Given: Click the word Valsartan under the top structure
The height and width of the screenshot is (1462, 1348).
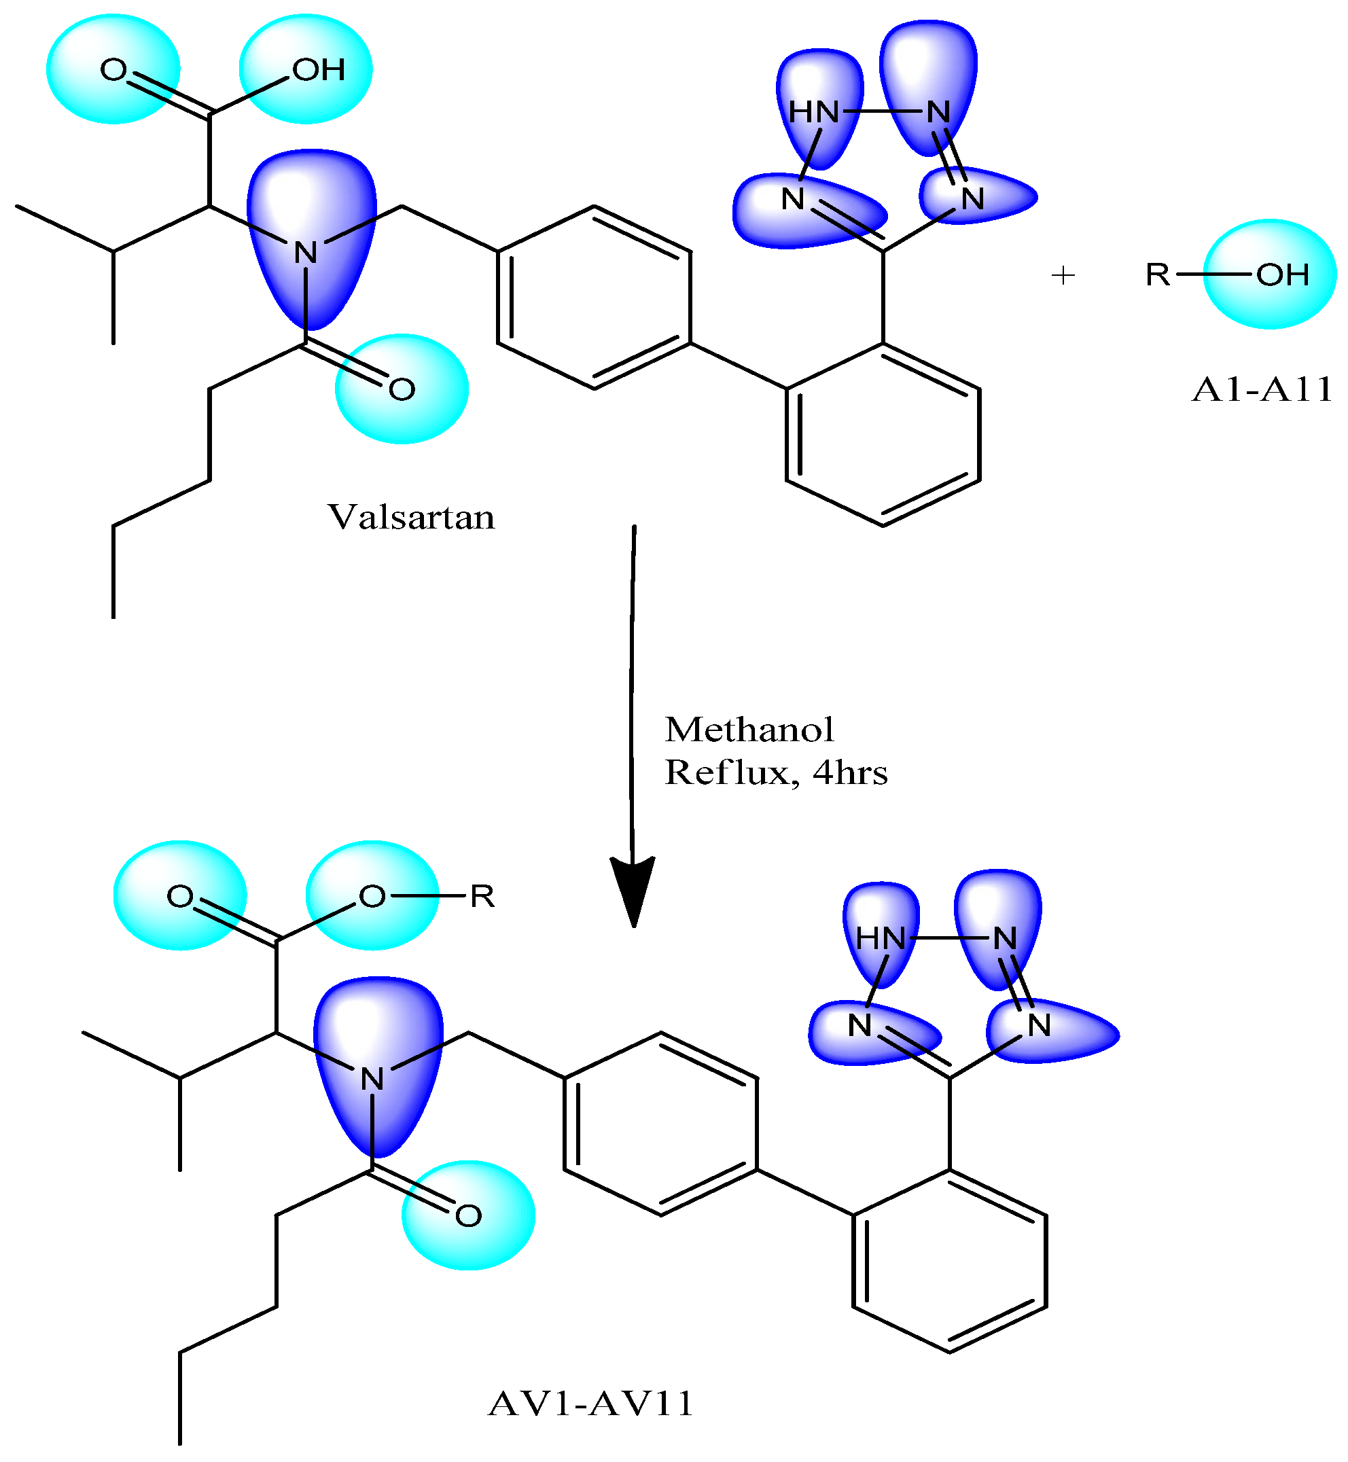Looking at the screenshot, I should pyautogui.click(x=410, y=518).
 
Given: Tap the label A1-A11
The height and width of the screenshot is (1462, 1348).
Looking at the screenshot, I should pyautogui.click(x=1261, y=389).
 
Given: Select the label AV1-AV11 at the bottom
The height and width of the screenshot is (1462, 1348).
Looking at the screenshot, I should pyautogui.click(x=590, y=1403).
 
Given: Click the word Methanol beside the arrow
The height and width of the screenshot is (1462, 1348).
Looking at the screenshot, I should pyautogui.click(x=749, y=730).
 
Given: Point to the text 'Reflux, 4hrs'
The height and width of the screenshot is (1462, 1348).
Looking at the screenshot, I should pyautogui.click(x=776, y=772).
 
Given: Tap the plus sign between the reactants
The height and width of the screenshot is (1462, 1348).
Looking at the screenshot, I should pyautogui.click(x=1063, y=275).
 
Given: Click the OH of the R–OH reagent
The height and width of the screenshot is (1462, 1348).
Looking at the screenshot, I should pyautogui.click(x=1282, y=275).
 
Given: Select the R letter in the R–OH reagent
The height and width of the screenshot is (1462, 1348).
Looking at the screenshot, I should pyautogui.click(x=1158, y=275).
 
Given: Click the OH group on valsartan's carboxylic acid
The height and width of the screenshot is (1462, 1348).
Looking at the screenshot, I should pyautogui.click(x=318, y=70).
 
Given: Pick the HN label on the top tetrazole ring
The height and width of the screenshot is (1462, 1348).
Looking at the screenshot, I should pyautogui.click(x=814, y=112).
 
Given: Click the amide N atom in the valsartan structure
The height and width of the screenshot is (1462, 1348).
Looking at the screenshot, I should pyautogui.click(x=306, y=253).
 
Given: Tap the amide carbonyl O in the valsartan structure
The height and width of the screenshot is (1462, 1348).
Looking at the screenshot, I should pyautogui.click(x=401, y=389).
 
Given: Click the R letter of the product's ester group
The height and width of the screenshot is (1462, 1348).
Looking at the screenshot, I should pyautogui.click(x=482, y=896).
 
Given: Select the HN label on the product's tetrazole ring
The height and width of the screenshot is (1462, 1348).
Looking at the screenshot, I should pyautogui.click(x=881, y=938).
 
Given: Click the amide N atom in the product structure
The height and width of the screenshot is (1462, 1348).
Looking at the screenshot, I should pyautogui.click(x=372, y=1080).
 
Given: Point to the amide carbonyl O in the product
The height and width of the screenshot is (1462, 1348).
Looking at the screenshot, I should pyautogui.click(x=468, y=1215).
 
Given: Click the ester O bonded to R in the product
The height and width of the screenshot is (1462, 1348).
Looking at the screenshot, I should pyautogui.click(x=372, y=896).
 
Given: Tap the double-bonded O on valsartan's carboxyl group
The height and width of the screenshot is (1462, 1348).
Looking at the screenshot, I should pyautogui.click(x=113, y=70).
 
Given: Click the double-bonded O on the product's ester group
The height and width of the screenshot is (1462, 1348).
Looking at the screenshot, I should pyautogui.click(x=180, y=896).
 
